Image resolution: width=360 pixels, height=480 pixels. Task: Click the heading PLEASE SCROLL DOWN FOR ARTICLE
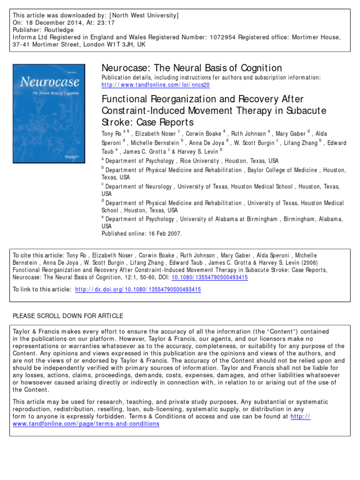68,315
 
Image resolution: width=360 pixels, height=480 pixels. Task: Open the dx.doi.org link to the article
138,290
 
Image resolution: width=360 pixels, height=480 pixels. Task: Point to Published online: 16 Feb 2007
142,233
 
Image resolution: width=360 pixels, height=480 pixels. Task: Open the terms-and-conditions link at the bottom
86,424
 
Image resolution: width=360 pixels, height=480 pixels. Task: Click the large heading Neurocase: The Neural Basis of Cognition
192,68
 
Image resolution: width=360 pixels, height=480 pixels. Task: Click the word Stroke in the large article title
114,123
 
